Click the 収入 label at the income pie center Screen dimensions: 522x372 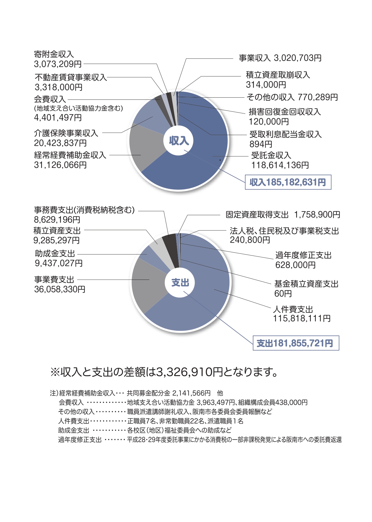(x=179, y=141)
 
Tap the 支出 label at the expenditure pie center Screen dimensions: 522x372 (x=180, y=283)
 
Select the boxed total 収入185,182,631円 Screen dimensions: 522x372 (x=288, y=183)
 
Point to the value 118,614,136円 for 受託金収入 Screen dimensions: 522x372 (x=280, y=165)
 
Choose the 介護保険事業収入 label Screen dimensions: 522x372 (x=66, y=133)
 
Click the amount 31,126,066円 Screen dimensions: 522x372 (x=60, y=165)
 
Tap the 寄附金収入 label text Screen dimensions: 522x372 (x=54, y=54)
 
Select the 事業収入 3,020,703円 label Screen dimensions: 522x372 (x=280, y=58)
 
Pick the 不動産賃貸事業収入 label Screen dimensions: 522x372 (x=71, y=77)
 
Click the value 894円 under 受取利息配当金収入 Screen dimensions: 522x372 (x=261, y=144)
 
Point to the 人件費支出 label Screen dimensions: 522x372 (x=293, y=309)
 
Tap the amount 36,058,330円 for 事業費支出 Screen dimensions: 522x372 (x=60, y=290)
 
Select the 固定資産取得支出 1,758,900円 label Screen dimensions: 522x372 (x=283, y=215)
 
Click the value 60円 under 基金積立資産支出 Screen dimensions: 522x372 (x=283, y=294)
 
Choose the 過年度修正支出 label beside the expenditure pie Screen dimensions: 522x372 (x=303, y=255)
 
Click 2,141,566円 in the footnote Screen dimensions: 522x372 (x=191, y=393)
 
